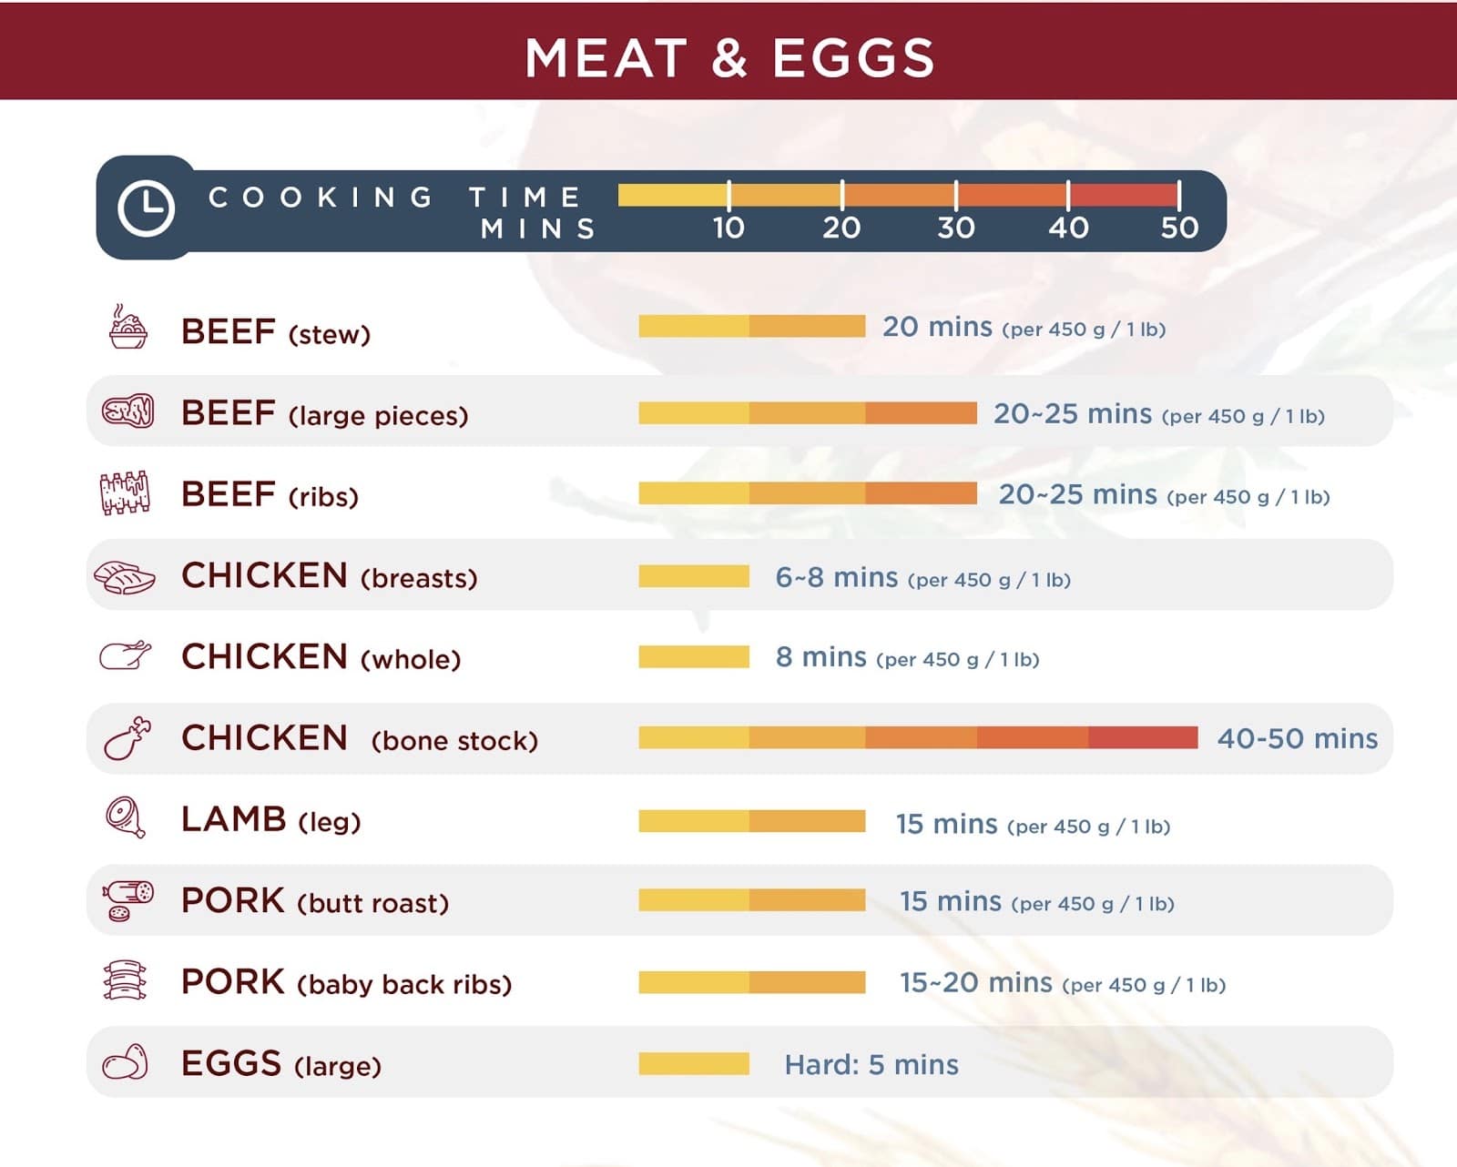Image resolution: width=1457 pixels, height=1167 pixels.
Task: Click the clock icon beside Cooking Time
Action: click(146, 208)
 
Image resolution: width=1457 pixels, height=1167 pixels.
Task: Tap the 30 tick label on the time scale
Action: click(955, 227)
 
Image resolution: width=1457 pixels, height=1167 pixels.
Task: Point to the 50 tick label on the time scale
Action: click(1179, 227)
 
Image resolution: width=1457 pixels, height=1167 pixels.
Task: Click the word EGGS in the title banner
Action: click(853, 58)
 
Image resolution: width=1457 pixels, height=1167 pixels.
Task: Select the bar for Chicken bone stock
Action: click(918, 737)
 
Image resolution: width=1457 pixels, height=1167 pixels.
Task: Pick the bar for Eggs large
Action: click(694, 1063)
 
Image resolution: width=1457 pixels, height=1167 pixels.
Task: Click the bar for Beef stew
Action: click(751, 326)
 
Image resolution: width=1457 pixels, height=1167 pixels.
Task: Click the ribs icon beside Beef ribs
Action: click(124, 493)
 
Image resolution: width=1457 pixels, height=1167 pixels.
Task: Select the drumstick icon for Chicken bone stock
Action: click(127, 738)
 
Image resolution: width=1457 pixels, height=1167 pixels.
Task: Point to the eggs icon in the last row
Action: click(125, 1062)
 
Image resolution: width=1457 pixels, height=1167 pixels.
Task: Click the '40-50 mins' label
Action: click(1297, 738)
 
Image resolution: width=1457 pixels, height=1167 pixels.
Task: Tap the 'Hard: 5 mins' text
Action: click(871, 1064)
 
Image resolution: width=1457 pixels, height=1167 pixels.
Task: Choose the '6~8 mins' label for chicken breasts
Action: click(836, 577)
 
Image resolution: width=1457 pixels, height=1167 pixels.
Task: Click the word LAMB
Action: click(234, 819)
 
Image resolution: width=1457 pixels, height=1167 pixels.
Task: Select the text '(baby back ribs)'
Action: click(404, 985)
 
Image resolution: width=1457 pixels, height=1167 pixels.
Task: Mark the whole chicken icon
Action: click(125, 655)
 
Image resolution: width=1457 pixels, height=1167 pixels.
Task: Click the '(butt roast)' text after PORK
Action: click(373, 903)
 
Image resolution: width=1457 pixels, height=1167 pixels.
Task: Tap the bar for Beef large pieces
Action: click(808, 413)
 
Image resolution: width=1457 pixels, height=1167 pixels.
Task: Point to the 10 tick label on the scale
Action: click(728, 227)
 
